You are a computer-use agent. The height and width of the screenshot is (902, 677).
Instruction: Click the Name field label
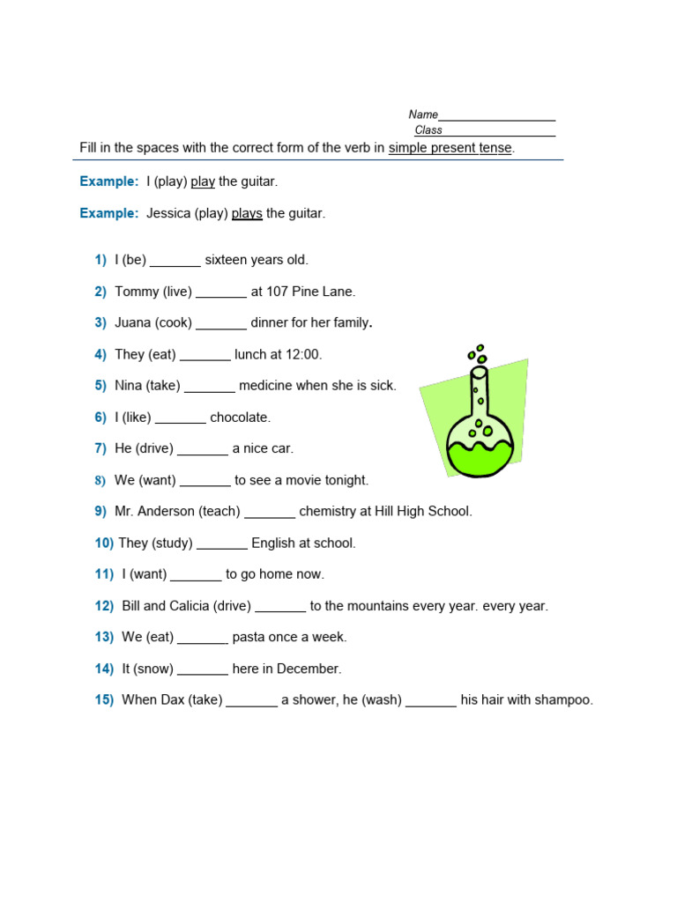[423, 115]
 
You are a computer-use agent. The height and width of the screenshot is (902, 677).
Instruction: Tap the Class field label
[428, 130]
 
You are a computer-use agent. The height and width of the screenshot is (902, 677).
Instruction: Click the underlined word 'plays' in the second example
[247, 213]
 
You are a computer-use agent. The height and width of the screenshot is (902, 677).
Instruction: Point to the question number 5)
[100, 386]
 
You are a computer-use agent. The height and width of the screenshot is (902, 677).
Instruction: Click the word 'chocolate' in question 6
[240, 418]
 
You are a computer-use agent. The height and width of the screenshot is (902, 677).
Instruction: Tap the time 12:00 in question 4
[304, 354]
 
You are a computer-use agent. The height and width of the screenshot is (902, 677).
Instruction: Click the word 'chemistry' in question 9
[328, 511]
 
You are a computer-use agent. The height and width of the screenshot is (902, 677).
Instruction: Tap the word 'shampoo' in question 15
[564, 700]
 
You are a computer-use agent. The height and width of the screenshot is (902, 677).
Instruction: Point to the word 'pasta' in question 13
[248, 637]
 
